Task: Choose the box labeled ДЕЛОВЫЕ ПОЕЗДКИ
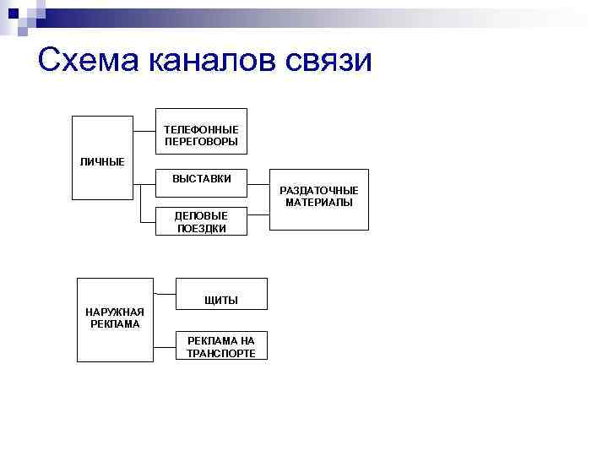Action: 201,221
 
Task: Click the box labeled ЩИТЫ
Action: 221,293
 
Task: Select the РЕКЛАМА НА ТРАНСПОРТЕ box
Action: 221,345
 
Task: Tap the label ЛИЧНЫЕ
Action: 102,161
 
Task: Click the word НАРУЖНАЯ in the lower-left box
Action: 115,312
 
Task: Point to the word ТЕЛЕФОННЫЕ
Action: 201,129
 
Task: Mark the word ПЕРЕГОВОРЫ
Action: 201,141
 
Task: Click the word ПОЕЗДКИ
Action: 201,228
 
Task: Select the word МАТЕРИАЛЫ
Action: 318,203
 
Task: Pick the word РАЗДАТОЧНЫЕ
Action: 318,191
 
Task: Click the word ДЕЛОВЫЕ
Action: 201,216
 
